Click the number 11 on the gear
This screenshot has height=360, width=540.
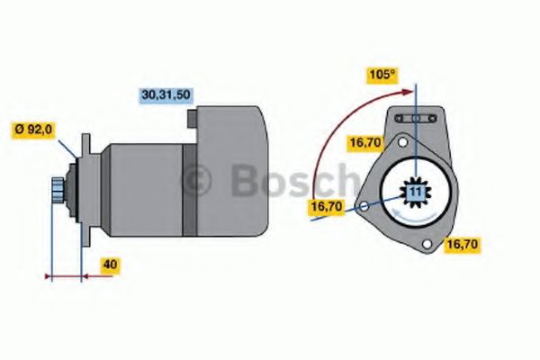coord(415,193)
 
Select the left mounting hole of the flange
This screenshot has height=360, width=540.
coord(363,207)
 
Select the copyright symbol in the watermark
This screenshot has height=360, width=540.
coord(198,181)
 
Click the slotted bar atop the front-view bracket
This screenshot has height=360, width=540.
coord(416,119)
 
